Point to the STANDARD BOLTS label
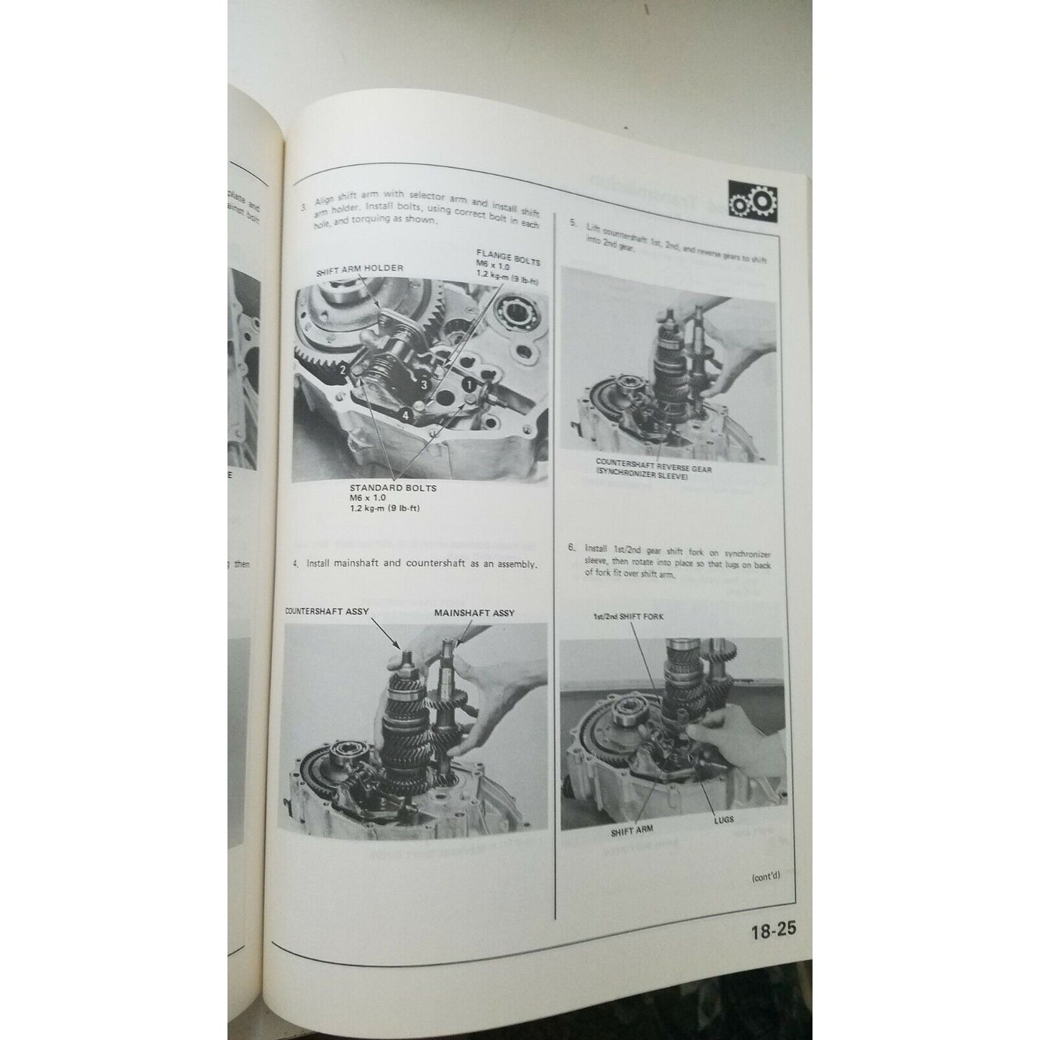click(392, 487)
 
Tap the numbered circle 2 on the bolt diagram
click(344, 370)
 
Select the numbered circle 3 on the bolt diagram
click(425, 385)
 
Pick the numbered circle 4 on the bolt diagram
click(406, 415)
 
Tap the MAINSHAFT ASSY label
click(474, 612)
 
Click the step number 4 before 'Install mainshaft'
click(296, 564)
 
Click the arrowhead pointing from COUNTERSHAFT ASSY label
click(401, 647)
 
